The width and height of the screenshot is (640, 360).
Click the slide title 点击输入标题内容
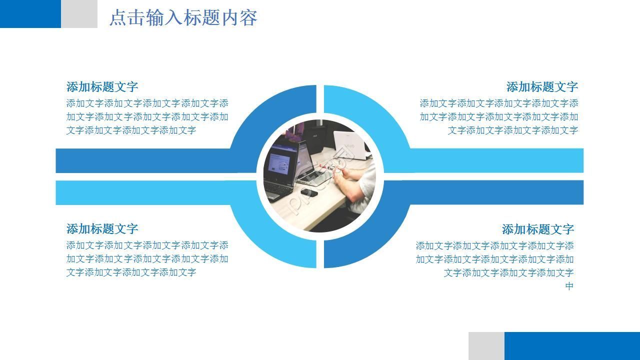183,18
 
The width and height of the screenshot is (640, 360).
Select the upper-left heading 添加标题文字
102,87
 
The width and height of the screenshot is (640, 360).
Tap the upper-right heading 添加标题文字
542,87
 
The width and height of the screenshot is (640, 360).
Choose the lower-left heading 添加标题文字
102,229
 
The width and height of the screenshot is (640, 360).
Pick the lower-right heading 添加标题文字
537,229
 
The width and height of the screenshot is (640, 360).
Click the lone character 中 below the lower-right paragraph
569,286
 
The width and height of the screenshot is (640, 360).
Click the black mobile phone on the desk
309,192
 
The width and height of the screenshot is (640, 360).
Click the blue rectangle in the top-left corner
30,13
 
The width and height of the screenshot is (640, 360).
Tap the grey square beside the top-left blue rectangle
79,13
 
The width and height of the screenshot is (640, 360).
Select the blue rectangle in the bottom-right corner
572,346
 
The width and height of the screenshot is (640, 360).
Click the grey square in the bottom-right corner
486,346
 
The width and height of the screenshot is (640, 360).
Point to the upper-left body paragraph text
147,117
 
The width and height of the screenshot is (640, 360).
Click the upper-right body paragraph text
499,117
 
